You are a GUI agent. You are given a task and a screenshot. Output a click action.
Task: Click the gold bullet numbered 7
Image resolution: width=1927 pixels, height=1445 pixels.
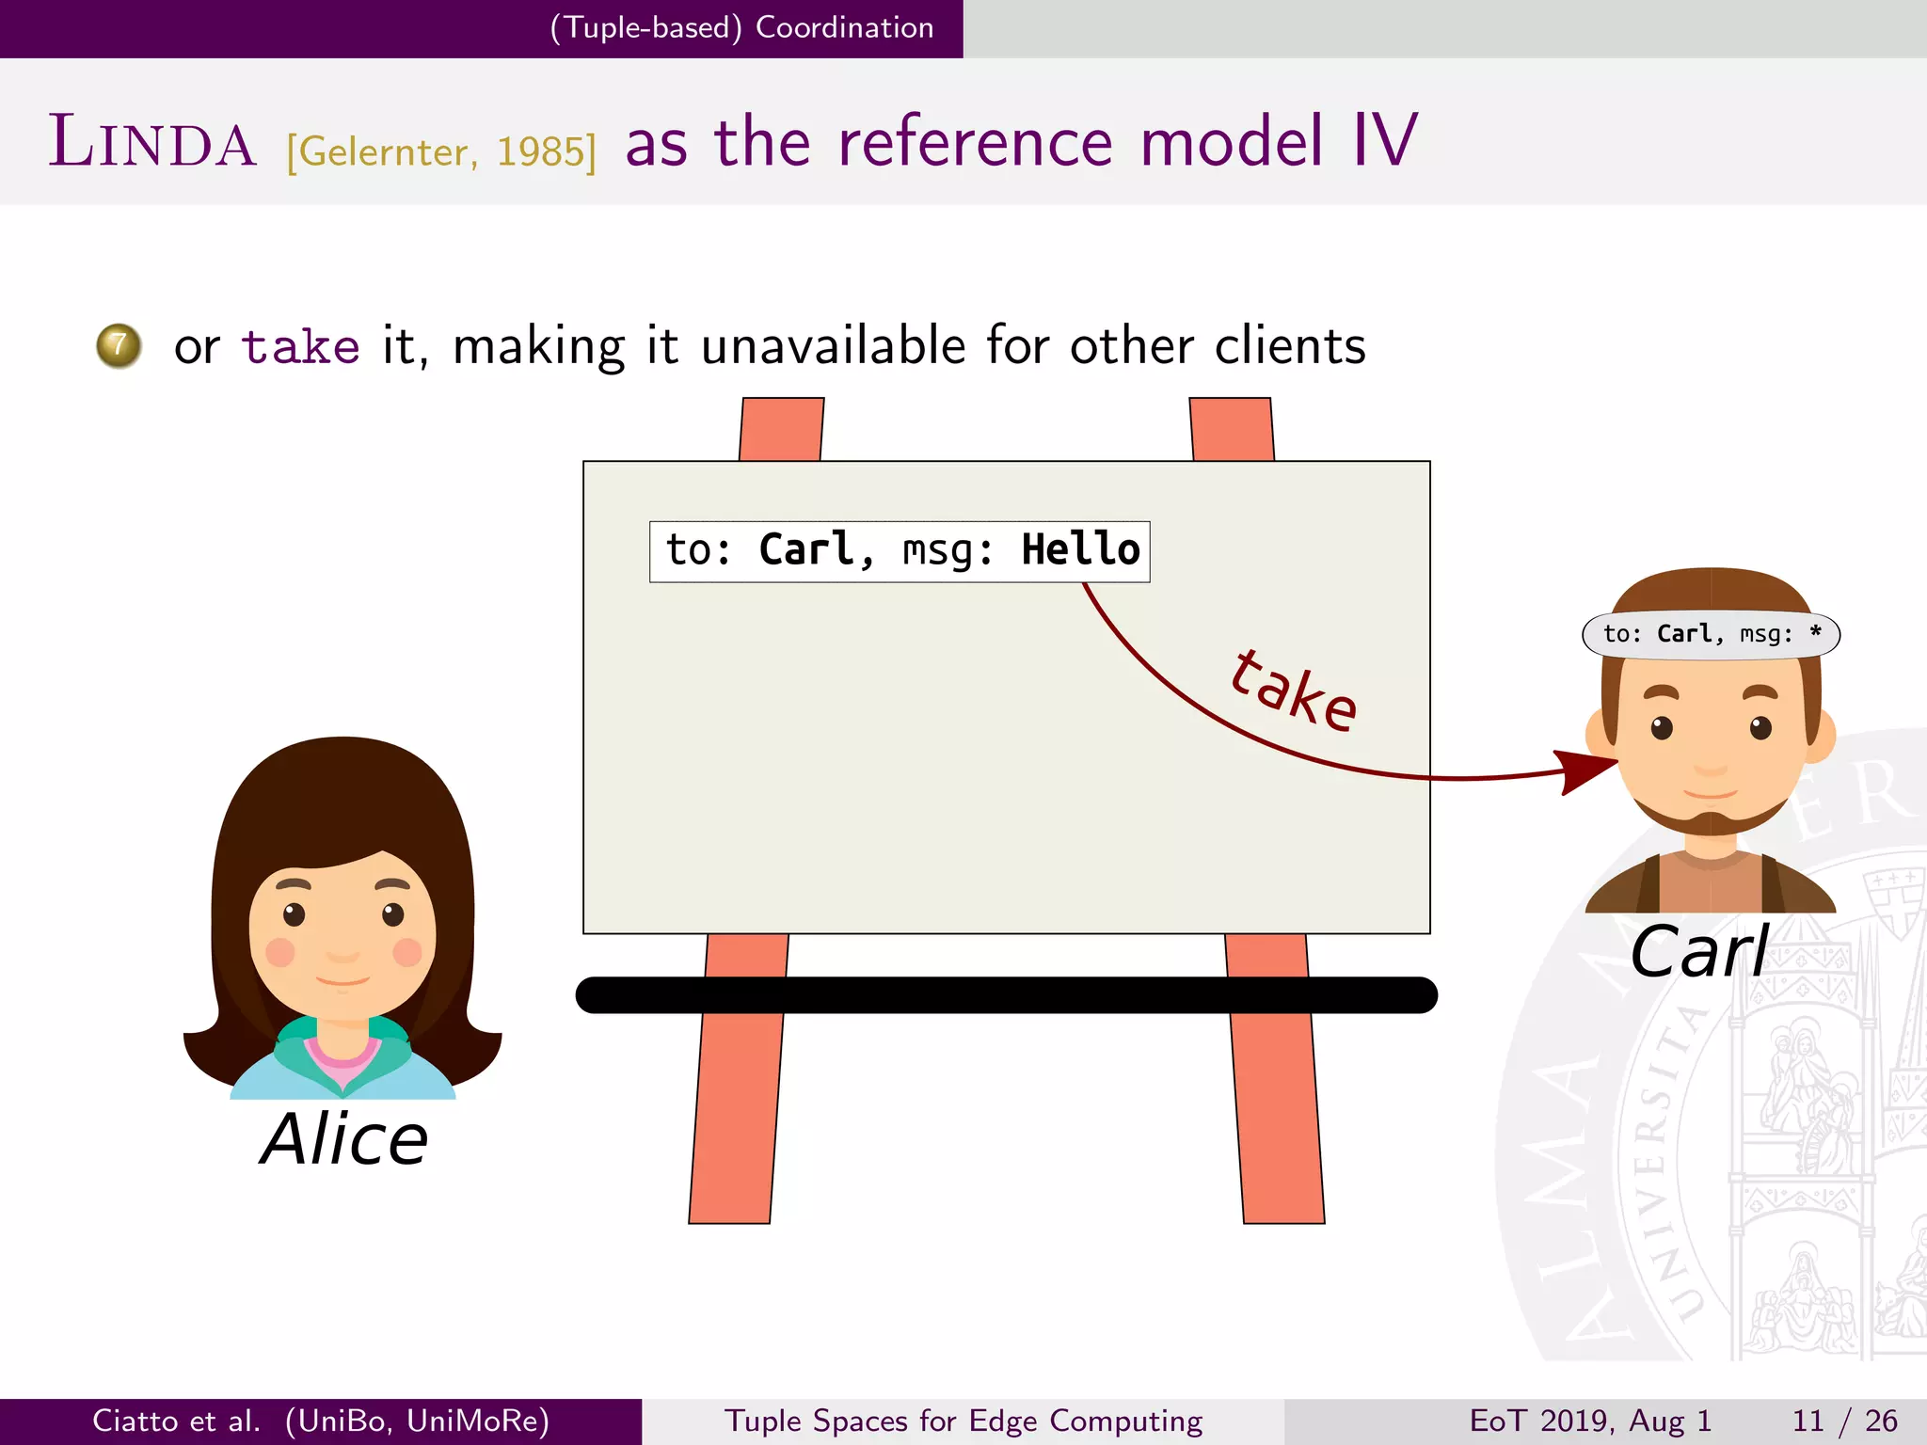119,346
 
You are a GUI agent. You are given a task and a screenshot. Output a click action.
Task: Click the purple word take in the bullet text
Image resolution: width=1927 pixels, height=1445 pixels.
300,346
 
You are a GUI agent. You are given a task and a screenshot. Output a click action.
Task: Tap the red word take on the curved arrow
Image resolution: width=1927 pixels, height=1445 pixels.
1294,692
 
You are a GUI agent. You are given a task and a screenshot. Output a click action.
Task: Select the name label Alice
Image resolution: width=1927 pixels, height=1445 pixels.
344,1139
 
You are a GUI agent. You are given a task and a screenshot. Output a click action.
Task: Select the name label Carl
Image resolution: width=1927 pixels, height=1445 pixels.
1699,952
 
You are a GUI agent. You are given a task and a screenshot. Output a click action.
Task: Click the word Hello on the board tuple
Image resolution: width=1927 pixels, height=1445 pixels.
1080,550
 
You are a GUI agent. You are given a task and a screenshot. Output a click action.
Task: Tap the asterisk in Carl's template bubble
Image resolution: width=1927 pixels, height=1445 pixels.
1815,632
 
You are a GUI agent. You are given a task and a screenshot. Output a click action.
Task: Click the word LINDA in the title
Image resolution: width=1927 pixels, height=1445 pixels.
152,143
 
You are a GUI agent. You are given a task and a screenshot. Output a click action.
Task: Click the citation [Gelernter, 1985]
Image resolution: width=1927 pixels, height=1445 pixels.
441,151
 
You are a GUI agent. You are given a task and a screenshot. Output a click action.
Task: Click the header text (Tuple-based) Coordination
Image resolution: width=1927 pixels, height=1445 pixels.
741,27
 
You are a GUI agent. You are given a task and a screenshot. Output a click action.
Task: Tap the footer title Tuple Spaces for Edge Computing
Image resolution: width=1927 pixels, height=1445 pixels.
963,1421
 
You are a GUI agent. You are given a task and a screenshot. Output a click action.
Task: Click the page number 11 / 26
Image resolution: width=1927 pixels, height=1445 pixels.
1844,1421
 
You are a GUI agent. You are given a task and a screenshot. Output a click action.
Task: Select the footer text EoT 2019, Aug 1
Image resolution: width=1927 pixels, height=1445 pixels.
1590,1421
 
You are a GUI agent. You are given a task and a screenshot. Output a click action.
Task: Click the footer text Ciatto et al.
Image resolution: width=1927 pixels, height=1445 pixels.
176,1421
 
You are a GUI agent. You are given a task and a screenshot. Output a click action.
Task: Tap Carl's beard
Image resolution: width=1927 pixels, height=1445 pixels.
1710,821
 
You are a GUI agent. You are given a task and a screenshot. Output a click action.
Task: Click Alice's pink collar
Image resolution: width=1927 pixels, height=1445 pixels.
342,1060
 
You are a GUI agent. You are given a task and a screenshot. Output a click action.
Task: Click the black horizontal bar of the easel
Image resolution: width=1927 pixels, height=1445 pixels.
1007,995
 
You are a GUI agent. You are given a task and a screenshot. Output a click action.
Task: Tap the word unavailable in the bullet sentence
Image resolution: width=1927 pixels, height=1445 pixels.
833,346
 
